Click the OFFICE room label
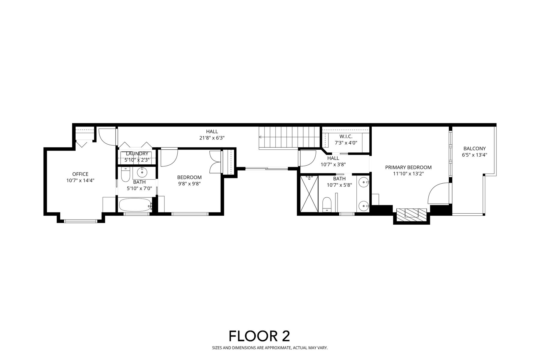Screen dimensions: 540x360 coord(80,174)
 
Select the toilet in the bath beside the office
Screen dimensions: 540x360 coord(125,174)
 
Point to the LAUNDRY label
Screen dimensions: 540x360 coord(137,154)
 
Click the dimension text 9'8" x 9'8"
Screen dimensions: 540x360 coord(189,184)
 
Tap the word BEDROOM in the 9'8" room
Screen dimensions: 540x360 coord(189,177)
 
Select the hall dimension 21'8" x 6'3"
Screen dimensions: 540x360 coord(212,138)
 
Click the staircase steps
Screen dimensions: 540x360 coord(289,138)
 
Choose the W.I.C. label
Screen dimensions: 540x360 coord(346,136)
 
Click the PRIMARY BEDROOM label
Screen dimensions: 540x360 coord(408,167)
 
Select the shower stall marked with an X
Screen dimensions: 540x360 coord(309,194)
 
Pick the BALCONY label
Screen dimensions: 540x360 coord(475,148)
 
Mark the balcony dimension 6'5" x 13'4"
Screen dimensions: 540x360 coord(475,155)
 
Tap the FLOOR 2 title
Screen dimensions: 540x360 coord(259,336)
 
